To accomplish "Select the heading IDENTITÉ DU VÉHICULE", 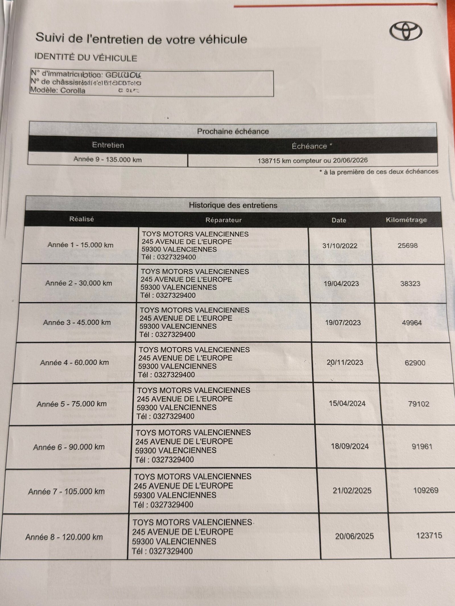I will point(86,58).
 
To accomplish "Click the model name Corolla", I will point(73,91).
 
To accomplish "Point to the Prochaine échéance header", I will point(233,131).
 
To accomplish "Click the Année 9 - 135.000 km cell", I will point(107,159).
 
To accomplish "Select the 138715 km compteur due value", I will point(313,160).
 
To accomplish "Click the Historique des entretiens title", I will point(233,205).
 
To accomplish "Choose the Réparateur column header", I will point(224,220).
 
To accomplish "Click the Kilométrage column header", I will point(406,220).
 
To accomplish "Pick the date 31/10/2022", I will point(340,246).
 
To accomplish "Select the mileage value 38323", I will point(410,284).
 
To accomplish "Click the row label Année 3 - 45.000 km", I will point(77,322).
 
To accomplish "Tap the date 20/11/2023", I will point(345,363).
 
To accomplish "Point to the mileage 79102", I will point(419,404).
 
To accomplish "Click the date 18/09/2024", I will point(349,446).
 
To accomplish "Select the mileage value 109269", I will point(426,490).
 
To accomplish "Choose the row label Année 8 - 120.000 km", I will point(64,537).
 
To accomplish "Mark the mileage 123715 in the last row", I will point(429,536).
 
